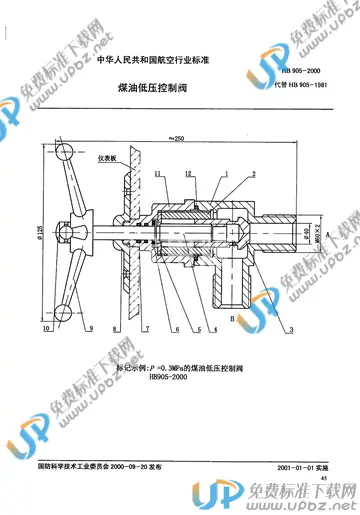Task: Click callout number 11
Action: point(157,174)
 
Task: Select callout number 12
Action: point(189,174)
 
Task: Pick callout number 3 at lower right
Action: point(292,327)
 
